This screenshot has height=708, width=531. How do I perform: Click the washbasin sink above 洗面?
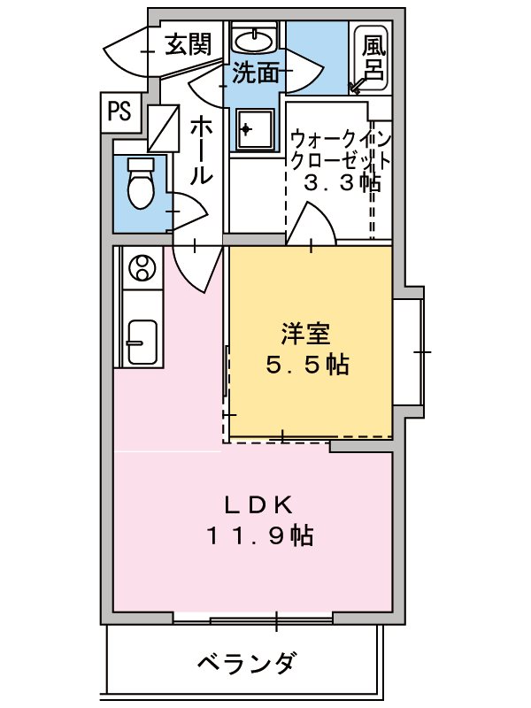257,39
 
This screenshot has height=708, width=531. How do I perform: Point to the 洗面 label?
256,73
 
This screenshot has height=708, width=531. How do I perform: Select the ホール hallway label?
201,151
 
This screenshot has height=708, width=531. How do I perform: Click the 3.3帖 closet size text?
342,184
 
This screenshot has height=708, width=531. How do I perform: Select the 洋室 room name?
306,335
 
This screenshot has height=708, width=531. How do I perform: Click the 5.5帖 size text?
306,364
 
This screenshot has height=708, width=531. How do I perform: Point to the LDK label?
258,504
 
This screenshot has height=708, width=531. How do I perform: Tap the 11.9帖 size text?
258,535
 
